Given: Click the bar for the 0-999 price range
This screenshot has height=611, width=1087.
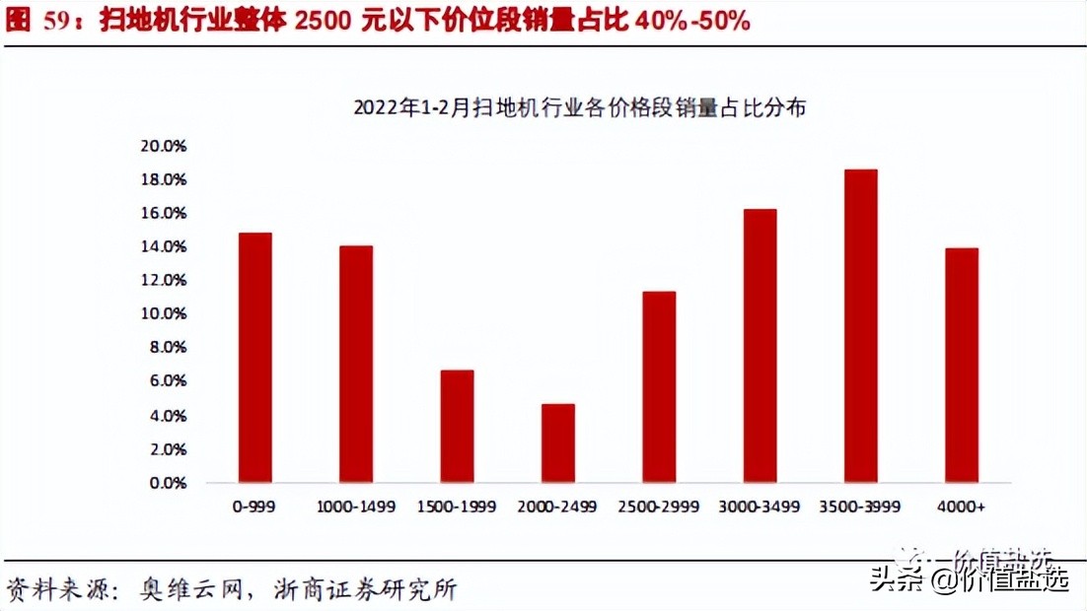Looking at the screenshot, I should [254, 358].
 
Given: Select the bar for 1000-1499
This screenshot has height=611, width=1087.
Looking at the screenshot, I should [356, 365].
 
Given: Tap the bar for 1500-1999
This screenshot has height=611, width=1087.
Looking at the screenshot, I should [457, 427].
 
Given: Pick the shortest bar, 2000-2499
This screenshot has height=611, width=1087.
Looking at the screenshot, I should [558, 443].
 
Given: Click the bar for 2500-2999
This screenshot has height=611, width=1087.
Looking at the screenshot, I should [659, 387].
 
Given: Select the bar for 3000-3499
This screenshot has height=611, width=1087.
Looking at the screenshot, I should [760, 346].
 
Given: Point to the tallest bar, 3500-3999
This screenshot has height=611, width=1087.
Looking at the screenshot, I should [861, 326].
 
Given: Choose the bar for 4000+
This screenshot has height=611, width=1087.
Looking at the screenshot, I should [962, 366].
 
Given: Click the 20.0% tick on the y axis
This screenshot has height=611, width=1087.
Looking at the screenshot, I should [164, 146].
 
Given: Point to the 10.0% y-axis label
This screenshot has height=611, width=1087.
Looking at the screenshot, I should [164, 314].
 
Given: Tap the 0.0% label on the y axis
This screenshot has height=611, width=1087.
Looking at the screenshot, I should [168, 483].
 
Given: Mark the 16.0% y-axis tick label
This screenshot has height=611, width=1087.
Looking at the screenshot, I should [164, 213].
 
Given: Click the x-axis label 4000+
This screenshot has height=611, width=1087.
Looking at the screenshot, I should [962, 507].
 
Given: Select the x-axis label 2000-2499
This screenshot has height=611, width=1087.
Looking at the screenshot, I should [558, 507].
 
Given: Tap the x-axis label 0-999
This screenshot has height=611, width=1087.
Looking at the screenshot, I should [254, 507].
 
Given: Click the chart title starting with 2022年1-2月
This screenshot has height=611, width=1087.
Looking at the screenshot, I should [579, 108].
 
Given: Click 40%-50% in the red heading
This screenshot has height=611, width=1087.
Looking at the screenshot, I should [691, 21].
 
